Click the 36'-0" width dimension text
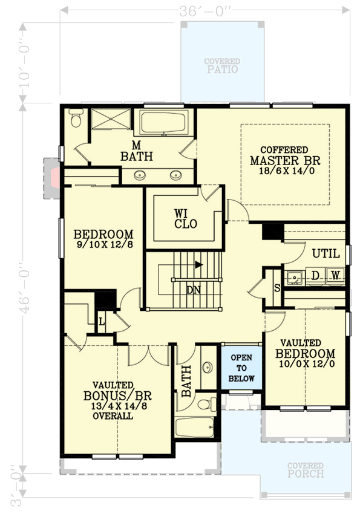click(205, 11)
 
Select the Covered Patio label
click(221, 66)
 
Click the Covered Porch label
click(306, 470)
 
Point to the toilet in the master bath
click(76, 119)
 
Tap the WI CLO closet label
click(185, 218)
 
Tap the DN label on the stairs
click(193, 290)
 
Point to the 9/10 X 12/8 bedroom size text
click(103, 246)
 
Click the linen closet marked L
click(102, 321)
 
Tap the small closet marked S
click(277, 287)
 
